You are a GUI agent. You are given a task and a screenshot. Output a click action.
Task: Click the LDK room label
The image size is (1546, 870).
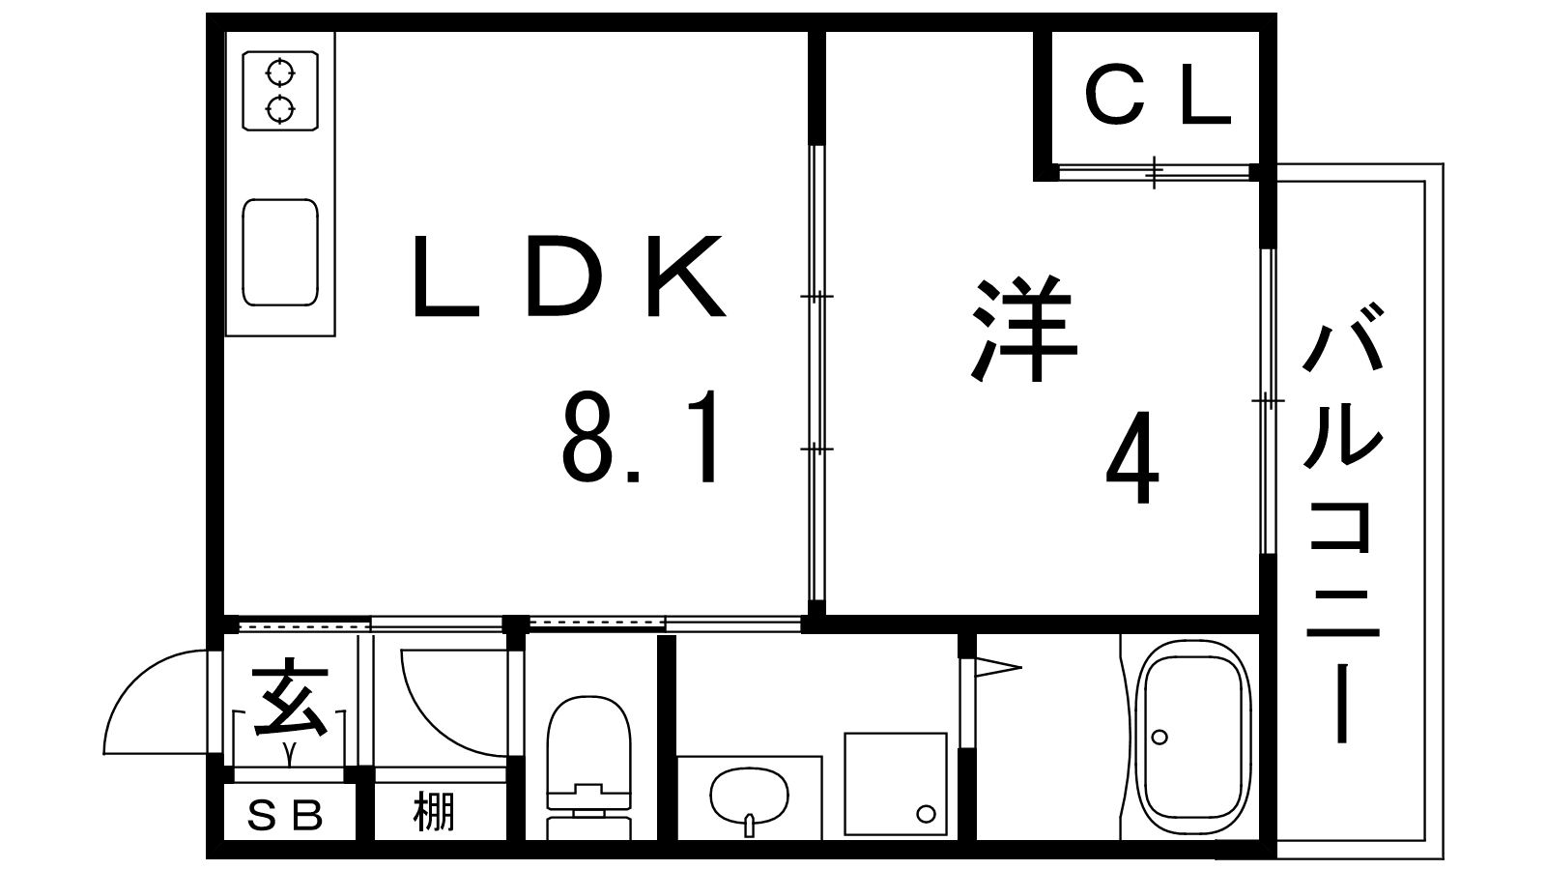569,275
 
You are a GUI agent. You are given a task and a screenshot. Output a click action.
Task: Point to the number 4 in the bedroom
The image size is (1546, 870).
1132,458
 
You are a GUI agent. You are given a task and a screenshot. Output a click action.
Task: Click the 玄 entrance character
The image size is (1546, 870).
290,698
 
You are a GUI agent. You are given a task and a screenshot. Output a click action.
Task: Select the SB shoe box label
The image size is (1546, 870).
285,816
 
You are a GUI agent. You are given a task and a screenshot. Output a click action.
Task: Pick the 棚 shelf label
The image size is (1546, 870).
434,812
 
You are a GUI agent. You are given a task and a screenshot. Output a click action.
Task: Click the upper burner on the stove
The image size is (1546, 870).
280,72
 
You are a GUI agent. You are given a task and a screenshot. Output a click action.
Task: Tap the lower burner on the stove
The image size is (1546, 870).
280,109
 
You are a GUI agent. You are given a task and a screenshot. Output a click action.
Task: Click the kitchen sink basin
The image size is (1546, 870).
280,252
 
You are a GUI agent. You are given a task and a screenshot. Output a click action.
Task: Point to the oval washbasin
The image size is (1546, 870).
750,797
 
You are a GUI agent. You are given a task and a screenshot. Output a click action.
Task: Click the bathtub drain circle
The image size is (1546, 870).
1159,738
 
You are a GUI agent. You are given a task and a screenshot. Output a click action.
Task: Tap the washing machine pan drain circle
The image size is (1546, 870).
926,814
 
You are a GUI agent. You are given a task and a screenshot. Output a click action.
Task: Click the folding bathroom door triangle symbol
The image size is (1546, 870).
998,667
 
